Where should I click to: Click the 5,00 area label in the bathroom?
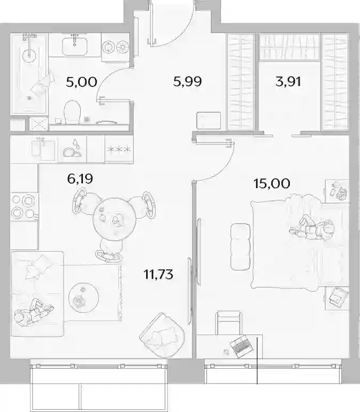click(81, 82)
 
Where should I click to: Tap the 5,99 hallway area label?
click(188, 81)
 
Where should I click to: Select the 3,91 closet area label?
click(288, 81)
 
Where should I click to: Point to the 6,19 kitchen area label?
click(80, 179)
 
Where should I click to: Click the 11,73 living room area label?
click(158, 275)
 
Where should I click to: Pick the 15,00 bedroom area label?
click(272, 183)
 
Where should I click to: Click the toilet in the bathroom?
click(72, 112)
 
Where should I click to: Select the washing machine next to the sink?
click(116, 48)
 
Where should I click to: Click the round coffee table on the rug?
click(83, 297)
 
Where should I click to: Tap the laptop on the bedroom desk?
click(242, 346)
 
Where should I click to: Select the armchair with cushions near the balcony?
click(163, 335)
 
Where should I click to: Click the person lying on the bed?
click(312, 228)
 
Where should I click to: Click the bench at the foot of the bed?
click(240, 247)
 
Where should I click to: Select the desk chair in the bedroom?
click(228, 323)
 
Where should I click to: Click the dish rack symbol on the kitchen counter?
click(72, 149)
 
